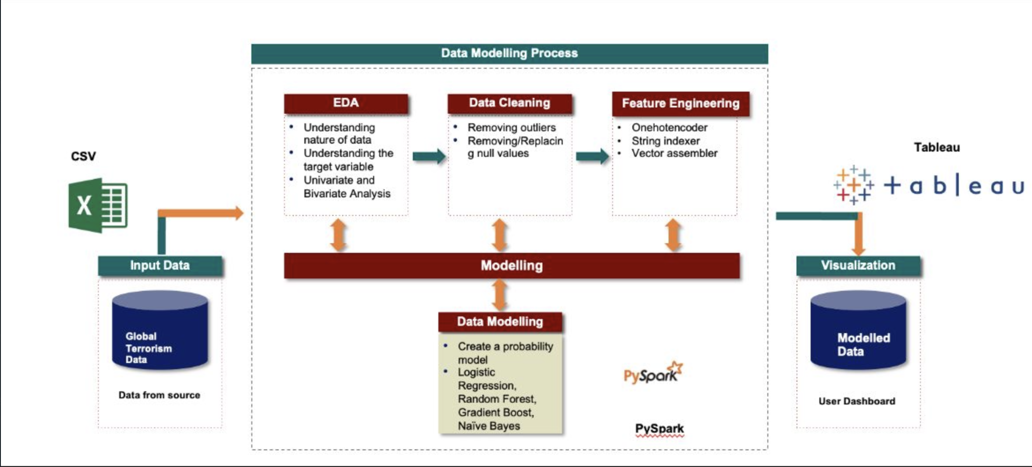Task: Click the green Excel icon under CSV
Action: tap(98, 205)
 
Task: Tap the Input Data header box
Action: tap(160, 266)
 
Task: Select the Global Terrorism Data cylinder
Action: tap(160, 330)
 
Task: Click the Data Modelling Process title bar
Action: tap(509, 53)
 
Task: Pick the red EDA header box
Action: tap(346, 103)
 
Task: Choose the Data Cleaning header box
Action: tap(509, 103)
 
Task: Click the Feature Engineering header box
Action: tap(681, 104)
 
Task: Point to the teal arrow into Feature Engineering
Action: tap(592, 156)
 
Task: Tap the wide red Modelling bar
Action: tap(512, 266)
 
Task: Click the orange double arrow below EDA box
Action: tap(338, 235)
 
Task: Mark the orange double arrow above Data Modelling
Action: tap(499, 295)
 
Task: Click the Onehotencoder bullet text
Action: tap(669, 128)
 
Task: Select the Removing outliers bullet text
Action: tap(512, 128)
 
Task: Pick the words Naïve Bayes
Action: tap(489, 426)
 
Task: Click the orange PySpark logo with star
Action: tap(653, 373)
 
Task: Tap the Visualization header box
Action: tap(858, 266)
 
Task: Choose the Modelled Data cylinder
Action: tap(858, 330)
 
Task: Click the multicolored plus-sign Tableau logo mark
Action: tap(853, 185)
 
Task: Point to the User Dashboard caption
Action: tap(857, 401)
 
